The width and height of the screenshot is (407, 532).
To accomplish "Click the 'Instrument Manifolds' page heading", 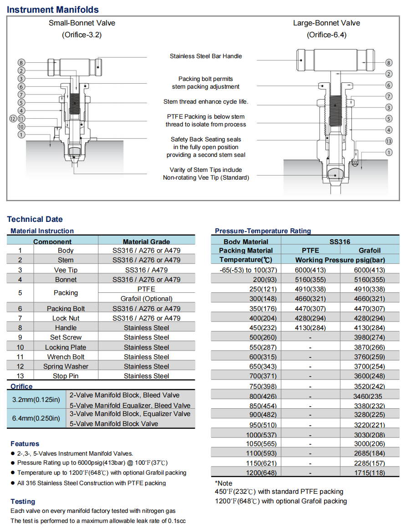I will pyautogui.click(x=53, y=10).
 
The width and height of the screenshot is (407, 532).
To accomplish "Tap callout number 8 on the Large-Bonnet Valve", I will pyautogui.click(x=388, y=63).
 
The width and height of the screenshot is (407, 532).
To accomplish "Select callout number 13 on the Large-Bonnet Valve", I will pyautogui.click(x=388, y=141).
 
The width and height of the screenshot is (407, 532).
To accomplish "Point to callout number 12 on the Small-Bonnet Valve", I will pyautogui.click(x=13, y=118).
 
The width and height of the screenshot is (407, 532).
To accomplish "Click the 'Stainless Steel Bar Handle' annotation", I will pyautogui.click(x=206, y=56).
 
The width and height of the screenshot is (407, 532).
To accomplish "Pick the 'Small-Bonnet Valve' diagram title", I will pyautogui.click(x=82, y=23).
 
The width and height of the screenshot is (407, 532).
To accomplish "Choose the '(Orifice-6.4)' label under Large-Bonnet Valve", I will pyautogui.click(x=326, y=35).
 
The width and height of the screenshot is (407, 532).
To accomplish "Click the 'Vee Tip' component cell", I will pyautogui.click(x=66, y=270).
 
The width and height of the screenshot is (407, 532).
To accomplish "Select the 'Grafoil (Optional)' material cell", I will pyautogui.click(x=146, y=299).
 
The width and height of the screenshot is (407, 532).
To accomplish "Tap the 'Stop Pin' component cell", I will pyautogui.click(x=66, y=376).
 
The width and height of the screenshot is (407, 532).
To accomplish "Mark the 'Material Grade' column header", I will pyautogui.click(x=146, y=241).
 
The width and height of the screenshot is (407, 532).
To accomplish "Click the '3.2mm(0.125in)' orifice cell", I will pyautogui.click(x=36, y=400).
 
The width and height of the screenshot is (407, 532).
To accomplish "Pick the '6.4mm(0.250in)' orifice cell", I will pyautogui.click(x=36, y=418).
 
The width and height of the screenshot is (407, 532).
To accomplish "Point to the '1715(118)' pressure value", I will pyautogui.click(x=369, y=473).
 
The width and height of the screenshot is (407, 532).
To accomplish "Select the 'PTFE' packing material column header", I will pyautogui.click(x=310, y=250).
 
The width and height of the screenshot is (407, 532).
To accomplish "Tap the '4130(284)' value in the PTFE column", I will pyautogui.click(x=310, y=327).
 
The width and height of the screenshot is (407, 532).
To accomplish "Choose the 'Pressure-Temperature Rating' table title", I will pyautogui.click(x=263, y=231).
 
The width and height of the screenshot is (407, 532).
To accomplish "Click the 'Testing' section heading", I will pyautogui.click(x=23, y=502).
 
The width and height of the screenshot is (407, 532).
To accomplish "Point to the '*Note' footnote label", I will pyautogui.click(x=224, y=483).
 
